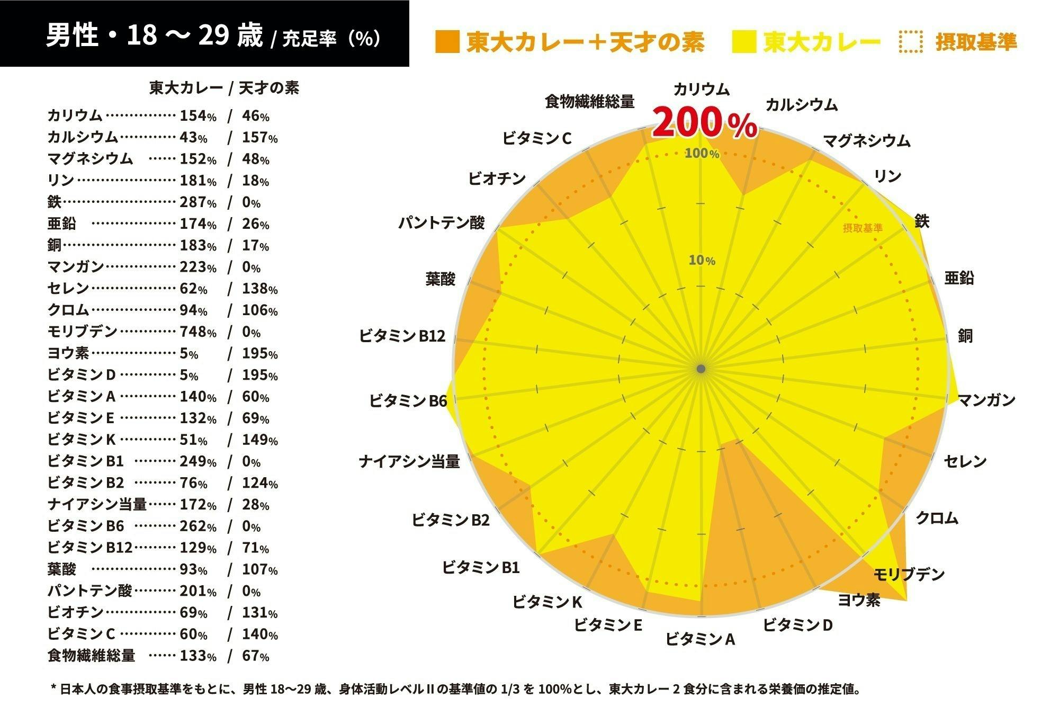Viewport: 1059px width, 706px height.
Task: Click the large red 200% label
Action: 704,123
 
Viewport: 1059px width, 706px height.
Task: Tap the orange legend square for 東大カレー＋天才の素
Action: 447,42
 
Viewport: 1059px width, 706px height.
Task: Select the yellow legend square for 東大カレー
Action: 744,42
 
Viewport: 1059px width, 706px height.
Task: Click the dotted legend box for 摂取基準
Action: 910,42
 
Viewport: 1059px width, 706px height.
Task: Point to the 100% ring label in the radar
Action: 702,154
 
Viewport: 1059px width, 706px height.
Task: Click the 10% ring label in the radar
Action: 702,260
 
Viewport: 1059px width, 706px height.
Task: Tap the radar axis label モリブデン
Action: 909,574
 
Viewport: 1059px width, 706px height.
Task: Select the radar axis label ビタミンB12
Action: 402,336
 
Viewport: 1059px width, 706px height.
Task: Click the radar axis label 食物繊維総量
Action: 589,101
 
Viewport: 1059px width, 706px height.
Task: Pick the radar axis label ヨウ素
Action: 859,600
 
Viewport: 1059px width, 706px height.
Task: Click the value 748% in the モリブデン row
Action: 198,332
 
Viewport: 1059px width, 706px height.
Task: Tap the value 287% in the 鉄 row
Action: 198,202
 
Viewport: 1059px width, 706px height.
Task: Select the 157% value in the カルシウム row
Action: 259,138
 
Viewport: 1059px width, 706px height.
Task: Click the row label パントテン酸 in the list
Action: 89,591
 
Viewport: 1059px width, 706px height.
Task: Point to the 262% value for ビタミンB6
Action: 198,526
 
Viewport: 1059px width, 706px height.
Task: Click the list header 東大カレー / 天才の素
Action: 224,88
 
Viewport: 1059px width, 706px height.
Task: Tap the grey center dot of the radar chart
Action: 701,369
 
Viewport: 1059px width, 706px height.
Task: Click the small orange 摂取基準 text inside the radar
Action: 863,228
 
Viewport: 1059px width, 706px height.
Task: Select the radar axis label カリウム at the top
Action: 701,90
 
